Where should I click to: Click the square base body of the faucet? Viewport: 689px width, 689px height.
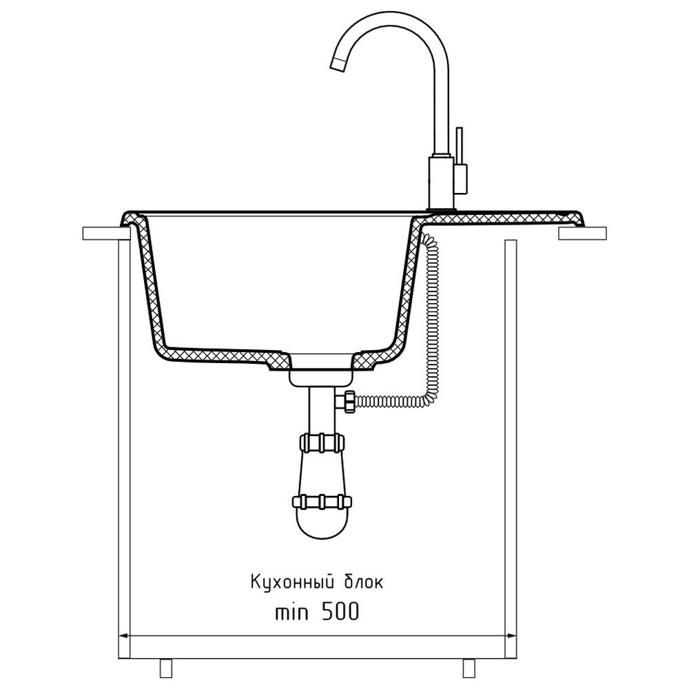coord(441,182)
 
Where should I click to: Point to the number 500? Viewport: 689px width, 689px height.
coord(340,611)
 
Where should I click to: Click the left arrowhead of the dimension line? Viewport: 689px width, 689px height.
coord(124,635)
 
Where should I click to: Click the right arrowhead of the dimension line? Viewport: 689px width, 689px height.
coord(511,635)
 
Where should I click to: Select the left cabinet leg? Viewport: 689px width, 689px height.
coord(165,668)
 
